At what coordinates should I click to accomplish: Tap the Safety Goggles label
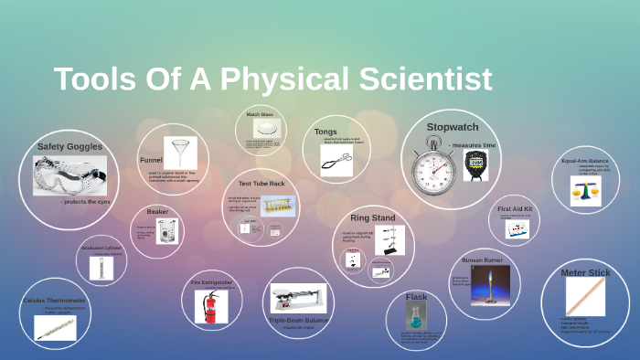click(69, 146)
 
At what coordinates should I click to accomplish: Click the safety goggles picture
click(69, 175)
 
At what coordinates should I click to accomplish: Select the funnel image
click(180, 153)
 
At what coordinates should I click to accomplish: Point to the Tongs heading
click(325, 132)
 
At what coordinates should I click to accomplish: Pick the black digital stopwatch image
click(475, 165)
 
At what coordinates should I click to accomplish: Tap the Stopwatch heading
click(453, 126)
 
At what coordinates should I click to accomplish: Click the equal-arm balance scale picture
click(585, 189)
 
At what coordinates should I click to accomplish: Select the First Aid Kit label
click(515, 209)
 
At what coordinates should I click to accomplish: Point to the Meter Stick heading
click(585, 272)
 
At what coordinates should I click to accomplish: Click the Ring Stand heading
click(372, 218)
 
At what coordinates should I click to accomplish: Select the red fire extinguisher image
click(210, 305)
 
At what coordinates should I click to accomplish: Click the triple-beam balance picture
click(297, 298)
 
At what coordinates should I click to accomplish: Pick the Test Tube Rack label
click(261, 184)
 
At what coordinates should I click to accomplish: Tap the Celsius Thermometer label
click(54, 300)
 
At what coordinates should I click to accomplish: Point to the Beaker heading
click(157, 212)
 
